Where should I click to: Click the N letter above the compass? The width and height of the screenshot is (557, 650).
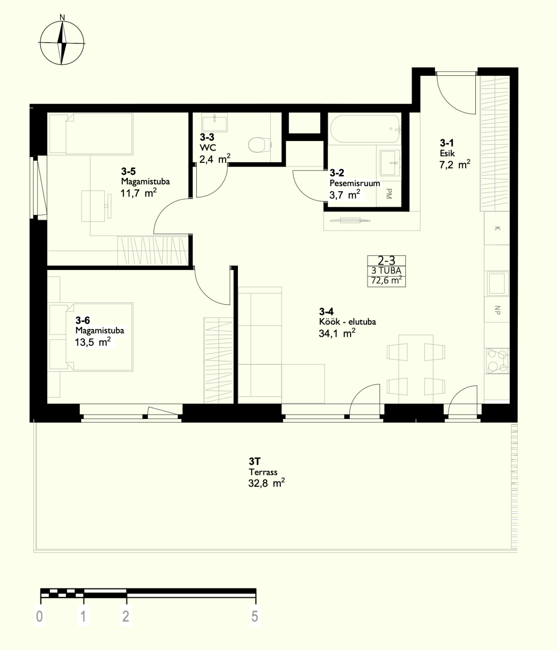(62, 18)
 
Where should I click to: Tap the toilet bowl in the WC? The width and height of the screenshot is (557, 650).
(259, 145)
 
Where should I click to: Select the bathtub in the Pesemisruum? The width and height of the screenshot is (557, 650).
(365, 129)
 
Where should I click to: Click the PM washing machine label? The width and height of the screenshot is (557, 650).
(389, 193)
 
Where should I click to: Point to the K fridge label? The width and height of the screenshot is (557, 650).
(497, 228)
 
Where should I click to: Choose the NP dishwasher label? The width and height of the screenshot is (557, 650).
(497, 310)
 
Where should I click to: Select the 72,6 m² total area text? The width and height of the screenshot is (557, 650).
(386, 280)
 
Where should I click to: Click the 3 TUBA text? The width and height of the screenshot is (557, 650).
(386, 270)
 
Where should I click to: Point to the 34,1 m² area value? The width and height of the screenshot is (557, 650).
(337, 333)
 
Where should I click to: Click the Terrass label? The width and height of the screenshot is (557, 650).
(263, 472)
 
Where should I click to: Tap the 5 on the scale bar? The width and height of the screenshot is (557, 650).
(255, 616)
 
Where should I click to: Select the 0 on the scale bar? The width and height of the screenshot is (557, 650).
(39, 616)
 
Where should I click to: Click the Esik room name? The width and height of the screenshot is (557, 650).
(447, 154)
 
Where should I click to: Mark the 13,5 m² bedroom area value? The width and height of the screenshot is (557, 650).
(92, 342)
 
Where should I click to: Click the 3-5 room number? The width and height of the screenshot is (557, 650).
(128, 171)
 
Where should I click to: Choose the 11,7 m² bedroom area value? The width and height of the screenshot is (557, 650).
(138, 193)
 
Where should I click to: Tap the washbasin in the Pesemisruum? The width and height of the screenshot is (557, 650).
(390, 163)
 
